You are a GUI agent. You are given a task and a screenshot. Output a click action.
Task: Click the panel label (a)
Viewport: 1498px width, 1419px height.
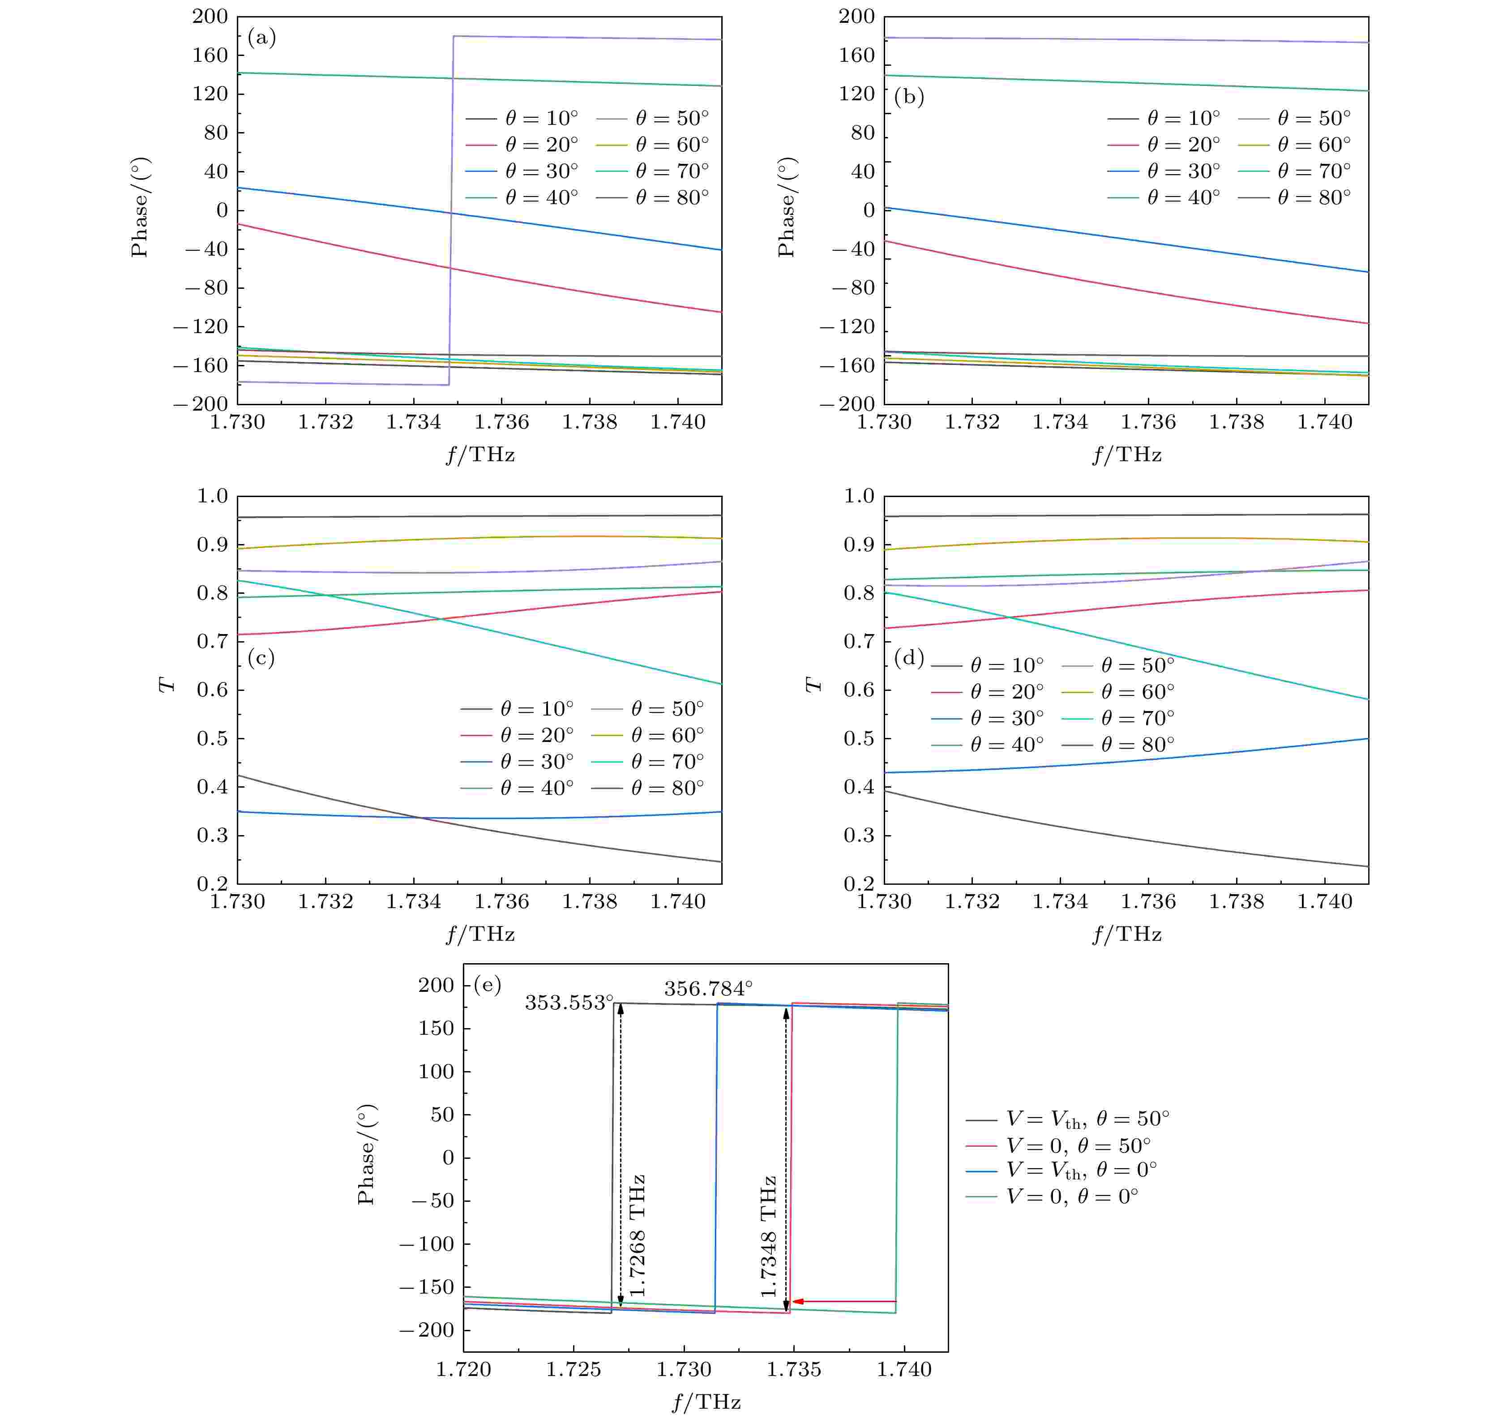coord(261,38)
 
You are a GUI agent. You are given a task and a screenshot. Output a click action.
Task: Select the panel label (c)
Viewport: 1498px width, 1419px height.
coord(261,658)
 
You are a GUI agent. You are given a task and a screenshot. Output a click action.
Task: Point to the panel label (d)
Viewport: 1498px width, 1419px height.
coord(908,658)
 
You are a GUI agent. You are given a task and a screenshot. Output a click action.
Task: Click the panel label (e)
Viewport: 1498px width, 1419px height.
coord(487,985)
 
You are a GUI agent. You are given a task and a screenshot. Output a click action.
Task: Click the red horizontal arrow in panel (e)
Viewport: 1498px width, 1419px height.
coord(843,1301)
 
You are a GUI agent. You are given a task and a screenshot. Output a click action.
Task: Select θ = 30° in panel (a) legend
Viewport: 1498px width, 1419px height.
coord(541,171)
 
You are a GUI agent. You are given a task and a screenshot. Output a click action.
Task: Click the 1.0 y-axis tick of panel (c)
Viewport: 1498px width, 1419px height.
coord(213,496)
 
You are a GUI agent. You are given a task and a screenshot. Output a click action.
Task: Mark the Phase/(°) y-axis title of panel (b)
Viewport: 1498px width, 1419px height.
coord(787,207)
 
